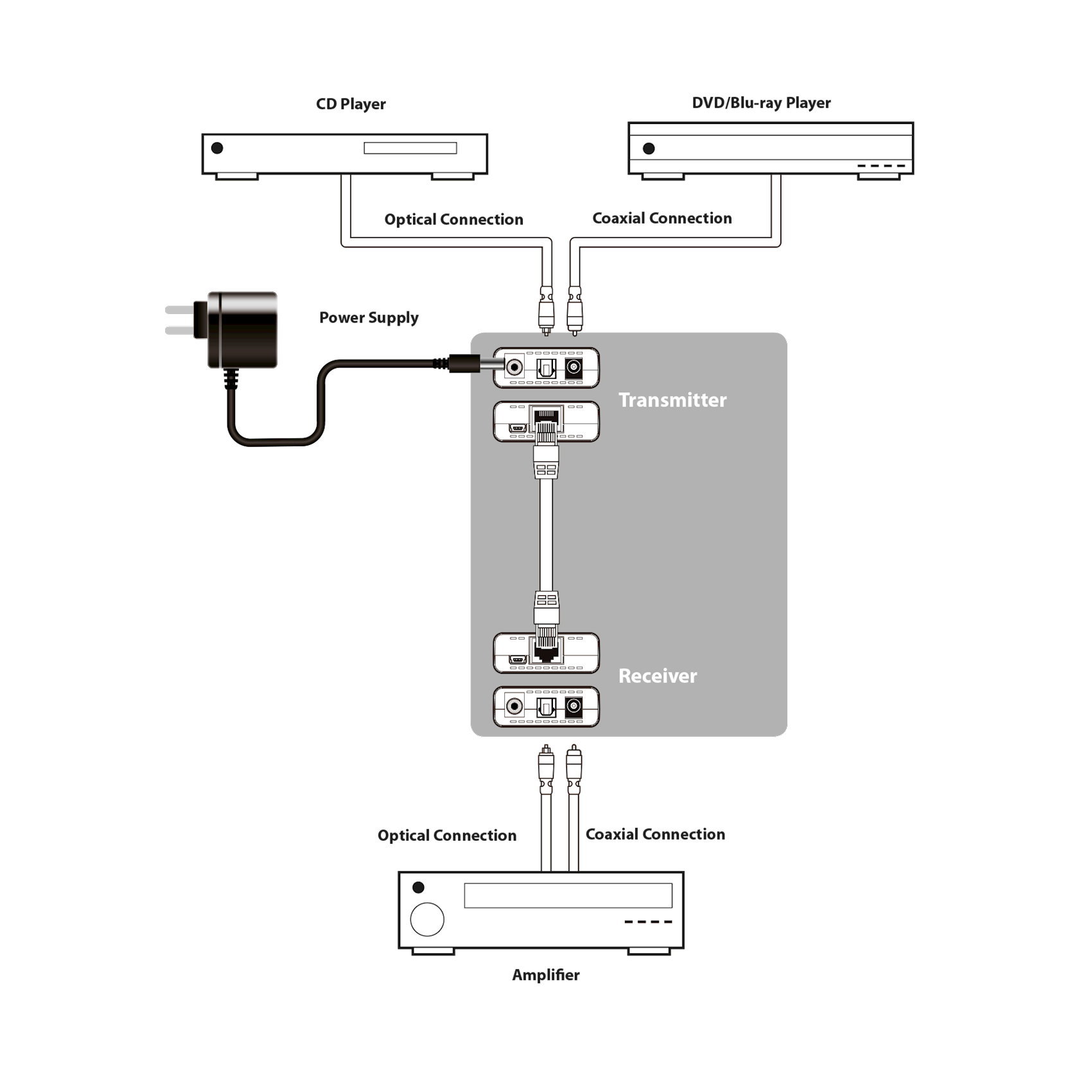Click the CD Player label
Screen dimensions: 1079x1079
351,104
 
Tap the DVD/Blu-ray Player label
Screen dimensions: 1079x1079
761,103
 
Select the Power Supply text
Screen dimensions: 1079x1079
369,317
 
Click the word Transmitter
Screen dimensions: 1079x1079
672,400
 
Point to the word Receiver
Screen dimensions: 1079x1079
657,676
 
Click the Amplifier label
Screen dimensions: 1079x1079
546,975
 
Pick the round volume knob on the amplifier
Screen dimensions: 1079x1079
427,919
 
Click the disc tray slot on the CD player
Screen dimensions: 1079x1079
410,148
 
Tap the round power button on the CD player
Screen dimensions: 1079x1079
217,148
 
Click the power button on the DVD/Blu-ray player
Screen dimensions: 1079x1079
649,149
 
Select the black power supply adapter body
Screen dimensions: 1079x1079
243,329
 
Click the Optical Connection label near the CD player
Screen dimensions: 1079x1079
453,220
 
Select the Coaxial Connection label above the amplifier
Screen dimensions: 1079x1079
655,834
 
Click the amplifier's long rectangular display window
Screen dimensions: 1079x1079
568,895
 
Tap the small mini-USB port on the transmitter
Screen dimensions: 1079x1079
517,428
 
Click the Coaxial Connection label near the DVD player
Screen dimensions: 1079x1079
662,218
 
